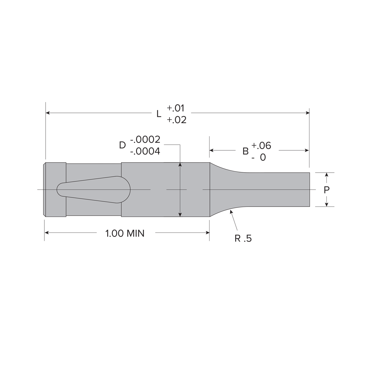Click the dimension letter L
coord(159,114)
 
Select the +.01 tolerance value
coord(175,108)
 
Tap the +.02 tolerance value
coord(176,120)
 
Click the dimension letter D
coord(122,145)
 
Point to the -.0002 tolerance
coord(145,139)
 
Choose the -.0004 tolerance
coord(145,151)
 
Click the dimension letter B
coord(245,151)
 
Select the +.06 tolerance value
coord(261,146)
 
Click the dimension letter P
coord(326,190)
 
